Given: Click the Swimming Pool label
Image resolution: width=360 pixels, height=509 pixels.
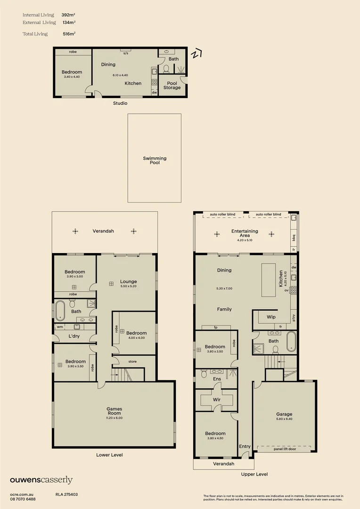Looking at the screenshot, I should click(155, 160).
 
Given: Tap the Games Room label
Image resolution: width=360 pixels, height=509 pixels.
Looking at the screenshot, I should click(114, 411).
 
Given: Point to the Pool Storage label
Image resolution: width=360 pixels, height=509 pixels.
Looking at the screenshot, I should click(172, 85).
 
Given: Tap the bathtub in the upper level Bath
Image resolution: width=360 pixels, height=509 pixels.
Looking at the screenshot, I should click(291, 342).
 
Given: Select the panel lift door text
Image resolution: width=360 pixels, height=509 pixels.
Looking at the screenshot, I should click(285, 449).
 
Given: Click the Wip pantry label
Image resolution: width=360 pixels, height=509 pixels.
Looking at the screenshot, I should click(271, 317).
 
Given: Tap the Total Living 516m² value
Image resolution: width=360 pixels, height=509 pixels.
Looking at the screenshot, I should click(69, 34).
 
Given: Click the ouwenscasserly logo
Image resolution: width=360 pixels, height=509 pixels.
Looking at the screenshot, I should click(41, 480).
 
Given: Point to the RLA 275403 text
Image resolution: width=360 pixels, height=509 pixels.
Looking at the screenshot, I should click(66, 494).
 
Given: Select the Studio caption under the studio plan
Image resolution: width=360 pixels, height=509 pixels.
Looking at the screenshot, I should click(120, 103).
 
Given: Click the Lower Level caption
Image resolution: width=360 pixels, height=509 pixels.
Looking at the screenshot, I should click(110, 455).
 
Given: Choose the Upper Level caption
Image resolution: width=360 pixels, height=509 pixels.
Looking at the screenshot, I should click(254, 474).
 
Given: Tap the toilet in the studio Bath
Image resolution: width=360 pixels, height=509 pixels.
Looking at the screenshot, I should click(166, 69).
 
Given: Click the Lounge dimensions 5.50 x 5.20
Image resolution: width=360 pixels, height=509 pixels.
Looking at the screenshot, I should click(128, 286).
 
